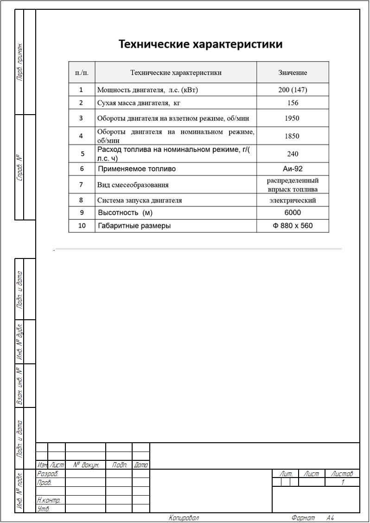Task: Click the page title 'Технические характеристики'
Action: click(200, 45)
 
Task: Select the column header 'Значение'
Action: click(293, 72)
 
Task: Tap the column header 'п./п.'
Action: click(82, 72)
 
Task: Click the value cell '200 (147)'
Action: click(293, 90)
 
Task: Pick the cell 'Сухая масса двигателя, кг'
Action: click(139, 103)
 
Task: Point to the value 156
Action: click(293, 103)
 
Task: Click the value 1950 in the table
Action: click(292, 118)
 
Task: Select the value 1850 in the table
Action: click(292, 136)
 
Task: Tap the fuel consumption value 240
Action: click(293, 154)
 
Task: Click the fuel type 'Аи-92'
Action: click(293, 169)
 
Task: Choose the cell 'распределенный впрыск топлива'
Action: click(293, 185)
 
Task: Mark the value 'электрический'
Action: click(293, 200)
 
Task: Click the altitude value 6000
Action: click(293, 213)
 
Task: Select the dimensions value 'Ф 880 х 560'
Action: click(293, 226)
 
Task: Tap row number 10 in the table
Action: click(82, 226)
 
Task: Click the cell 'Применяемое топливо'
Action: click(137, 169)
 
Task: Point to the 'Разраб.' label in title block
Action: click(47, 474)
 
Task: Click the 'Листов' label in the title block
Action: click(342, 474)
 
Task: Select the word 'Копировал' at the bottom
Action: click(184, 518)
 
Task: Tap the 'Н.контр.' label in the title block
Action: click(49, 500)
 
